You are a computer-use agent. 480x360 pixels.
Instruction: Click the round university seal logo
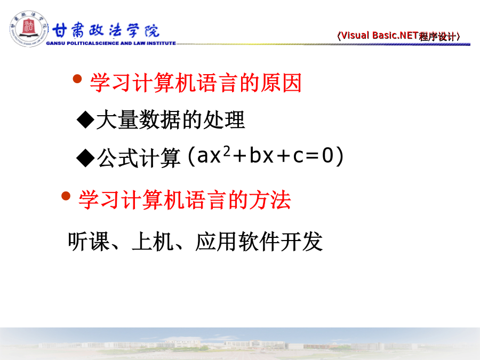coord(29,29)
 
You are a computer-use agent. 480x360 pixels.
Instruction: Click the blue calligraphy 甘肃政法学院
coord(106,30)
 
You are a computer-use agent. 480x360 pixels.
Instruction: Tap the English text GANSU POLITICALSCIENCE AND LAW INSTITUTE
coord(111,43)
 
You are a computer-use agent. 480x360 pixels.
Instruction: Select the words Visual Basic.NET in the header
coord(380,36)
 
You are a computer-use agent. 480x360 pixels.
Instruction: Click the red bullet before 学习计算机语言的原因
coord(77,79)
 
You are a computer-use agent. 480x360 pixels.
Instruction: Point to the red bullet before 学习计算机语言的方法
coord(66,196)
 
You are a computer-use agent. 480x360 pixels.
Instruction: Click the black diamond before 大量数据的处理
coord(86,119)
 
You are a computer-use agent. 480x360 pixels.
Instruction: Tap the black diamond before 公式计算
coord(86,158)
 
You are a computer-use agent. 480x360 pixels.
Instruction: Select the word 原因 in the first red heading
coord(281,83)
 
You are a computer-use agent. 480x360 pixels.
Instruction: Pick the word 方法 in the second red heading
coord(270,199)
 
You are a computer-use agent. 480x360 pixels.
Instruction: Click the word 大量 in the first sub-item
coord(117,119)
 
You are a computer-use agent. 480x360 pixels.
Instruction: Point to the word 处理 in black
coord(224,119)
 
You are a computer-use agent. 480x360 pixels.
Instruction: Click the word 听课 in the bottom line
coord(89,242)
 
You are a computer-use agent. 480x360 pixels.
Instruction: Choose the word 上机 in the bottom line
coord(153,242)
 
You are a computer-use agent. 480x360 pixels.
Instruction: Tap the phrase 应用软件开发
coord(259,242)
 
